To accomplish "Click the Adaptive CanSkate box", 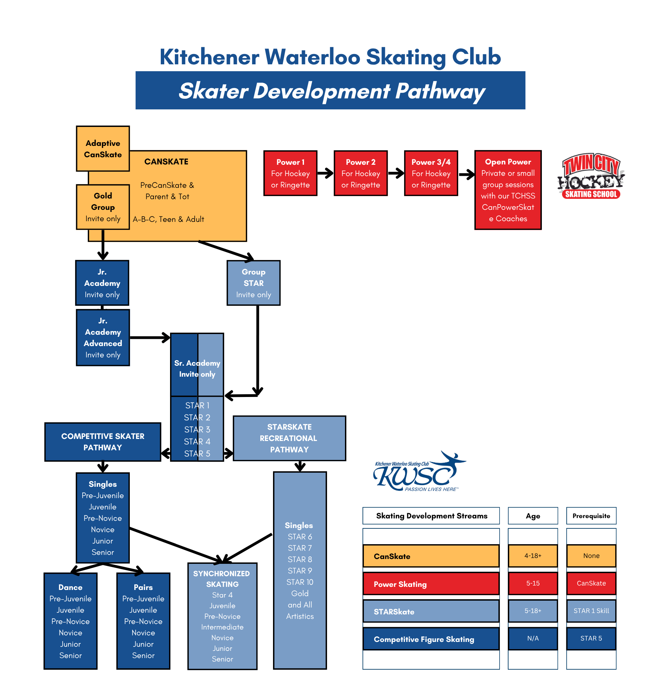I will tap(103, 149).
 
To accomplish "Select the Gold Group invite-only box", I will tap(103, 207).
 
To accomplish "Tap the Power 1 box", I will tap(290, 173).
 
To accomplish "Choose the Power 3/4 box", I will tap(431, 173).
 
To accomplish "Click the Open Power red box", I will tap(507, 190).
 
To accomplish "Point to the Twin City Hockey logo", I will tap(591, 176).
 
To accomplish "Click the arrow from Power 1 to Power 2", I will tap(325, 173).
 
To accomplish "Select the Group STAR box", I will tap(253, 282).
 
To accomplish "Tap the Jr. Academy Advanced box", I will tap(103, 337).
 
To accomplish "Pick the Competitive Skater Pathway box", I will tap(103, 442).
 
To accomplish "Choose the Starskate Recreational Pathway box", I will tap(289, 438).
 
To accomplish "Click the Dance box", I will tap(70, 621).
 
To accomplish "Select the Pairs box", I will tap(143, 621).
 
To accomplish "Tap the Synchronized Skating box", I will tap(222, 616).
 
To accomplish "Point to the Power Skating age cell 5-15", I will tap(533, 583).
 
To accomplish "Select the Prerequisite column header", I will tap(591, 516).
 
